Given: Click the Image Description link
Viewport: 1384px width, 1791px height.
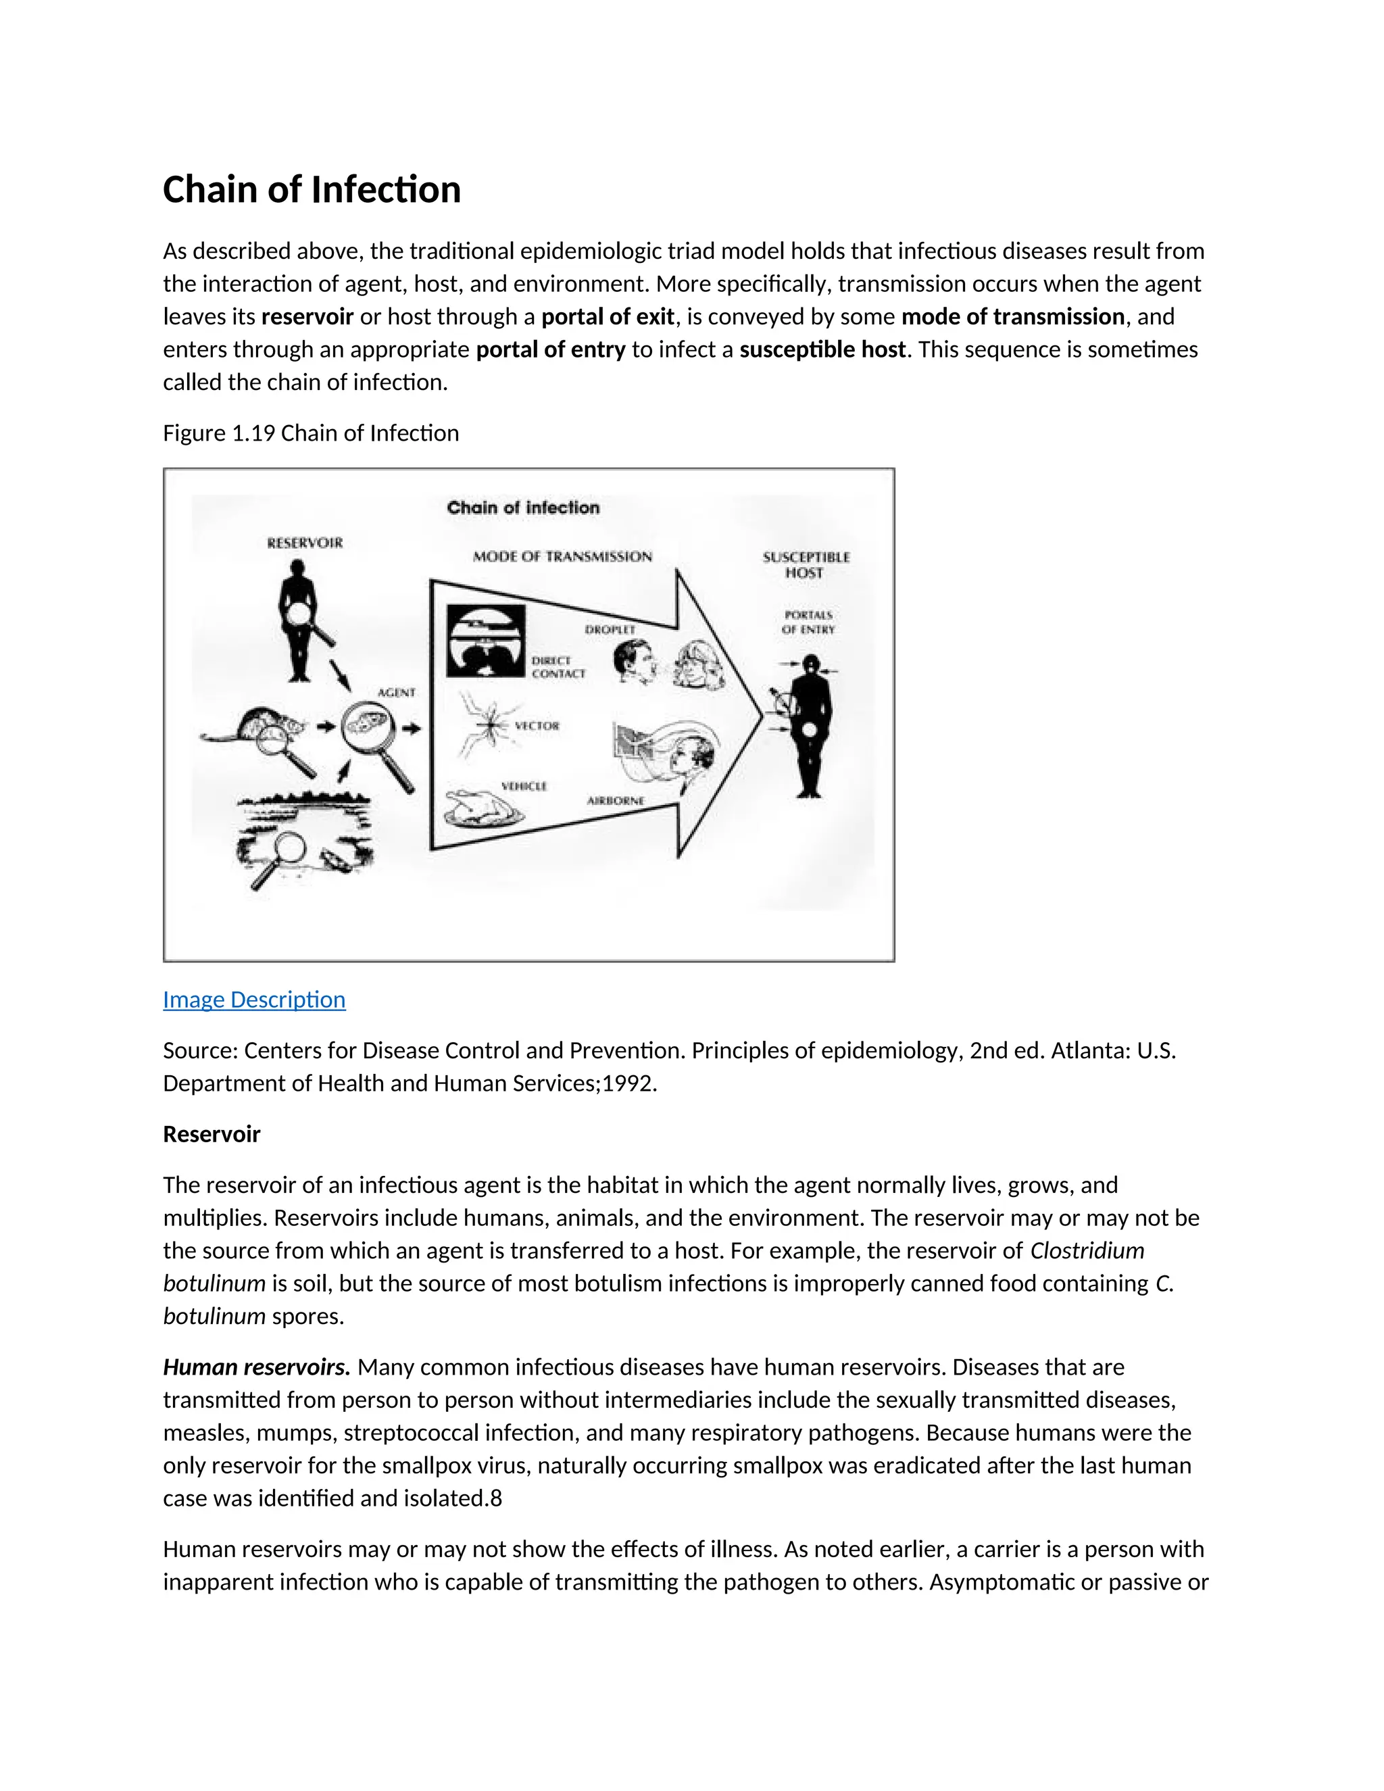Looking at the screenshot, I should click(254, 1000).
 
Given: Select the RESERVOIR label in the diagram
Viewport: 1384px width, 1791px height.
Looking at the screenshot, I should click(305, 543).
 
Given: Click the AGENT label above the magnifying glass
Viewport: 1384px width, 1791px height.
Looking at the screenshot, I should click(396, 693).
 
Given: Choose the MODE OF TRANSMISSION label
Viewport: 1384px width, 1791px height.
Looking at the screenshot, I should click(562, 557).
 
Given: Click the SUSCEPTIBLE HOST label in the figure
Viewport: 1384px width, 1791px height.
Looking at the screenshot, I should click(806, 565).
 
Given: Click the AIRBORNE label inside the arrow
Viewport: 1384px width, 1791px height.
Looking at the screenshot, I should click(615, 800).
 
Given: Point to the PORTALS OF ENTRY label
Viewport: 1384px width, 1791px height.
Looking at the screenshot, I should click(808, 622).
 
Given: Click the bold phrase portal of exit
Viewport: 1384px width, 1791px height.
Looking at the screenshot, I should click(608, 316).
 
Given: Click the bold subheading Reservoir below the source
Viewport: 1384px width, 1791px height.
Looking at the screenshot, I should click(212, 1134).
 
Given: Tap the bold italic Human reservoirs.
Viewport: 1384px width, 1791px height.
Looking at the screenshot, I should click(257, 1367).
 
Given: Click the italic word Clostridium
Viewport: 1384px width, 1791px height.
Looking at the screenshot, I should click(1087, 1250).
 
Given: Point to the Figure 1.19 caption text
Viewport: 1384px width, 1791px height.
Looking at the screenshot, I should click(311, 433).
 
